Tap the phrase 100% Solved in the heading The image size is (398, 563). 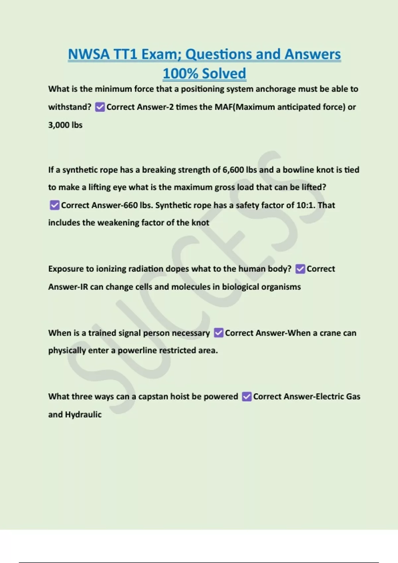[x=204, y=74]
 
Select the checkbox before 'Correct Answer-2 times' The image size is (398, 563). [x=100, y=107]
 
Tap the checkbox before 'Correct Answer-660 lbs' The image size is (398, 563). [x=54, y=205]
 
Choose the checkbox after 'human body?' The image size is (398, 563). [x=300, y=269]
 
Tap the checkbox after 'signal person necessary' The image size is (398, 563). [x=219, y=333]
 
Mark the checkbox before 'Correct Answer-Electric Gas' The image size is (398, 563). [x=247, y=396]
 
